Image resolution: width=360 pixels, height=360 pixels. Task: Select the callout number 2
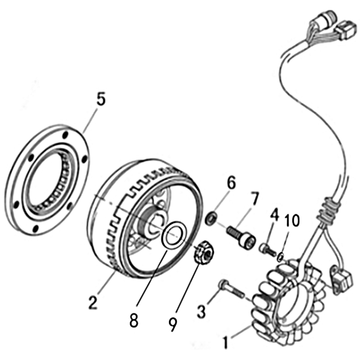(93, 301)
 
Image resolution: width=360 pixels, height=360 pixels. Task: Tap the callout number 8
(134, 320)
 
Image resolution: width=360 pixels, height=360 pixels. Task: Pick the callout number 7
(255, 198)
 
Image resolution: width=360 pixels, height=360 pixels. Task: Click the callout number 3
(202, 310)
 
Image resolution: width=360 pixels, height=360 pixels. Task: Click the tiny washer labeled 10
(280, 257)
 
